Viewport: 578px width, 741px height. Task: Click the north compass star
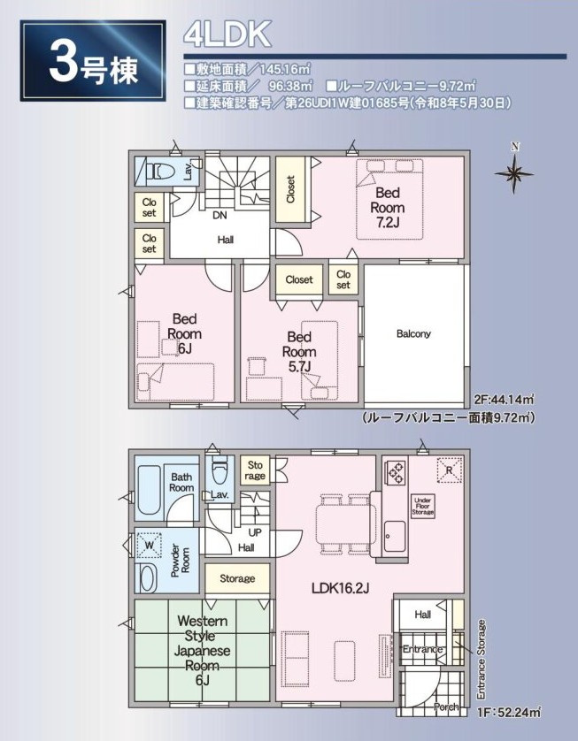(x=514, y=173)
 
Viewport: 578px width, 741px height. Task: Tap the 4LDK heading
(x=227, y=34)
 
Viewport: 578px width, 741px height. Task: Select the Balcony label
(x=413, y=333)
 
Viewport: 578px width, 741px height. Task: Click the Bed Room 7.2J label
(x=388, y=208)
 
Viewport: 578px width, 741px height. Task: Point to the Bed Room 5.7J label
(x=299, y=352)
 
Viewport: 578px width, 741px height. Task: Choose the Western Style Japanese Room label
(x=202, y=650)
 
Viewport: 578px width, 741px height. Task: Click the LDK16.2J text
(x=340, y=588)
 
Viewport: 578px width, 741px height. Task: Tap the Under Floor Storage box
(x=422, y=506)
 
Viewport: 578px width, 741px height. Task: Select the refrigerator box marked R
(x=450, y=470)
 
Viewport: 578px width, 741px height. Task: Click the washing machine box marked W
(x=150, y=546)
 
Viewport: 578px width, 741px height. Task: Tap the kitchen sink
(x=394, y=537)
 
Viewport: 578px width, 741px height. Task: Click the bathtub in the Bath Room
(x=149, y=492)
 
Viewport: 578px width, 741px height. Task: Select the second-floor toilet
(x=159, y=171)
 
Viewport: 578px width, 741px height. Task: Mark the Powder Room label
(x=181, y=561)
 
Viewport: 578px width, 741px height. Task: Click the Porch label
(x=446, y=707)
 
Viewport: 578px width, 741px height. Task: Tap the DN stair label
(x=220, y=216)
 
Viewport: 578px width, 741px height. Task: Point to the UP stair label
(x=255, y=532)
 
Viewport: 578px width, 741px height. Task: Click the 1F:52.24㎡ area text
(x=507, y=712)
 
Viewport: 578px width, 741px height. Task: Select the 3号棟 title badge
(x=93, y=61)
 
